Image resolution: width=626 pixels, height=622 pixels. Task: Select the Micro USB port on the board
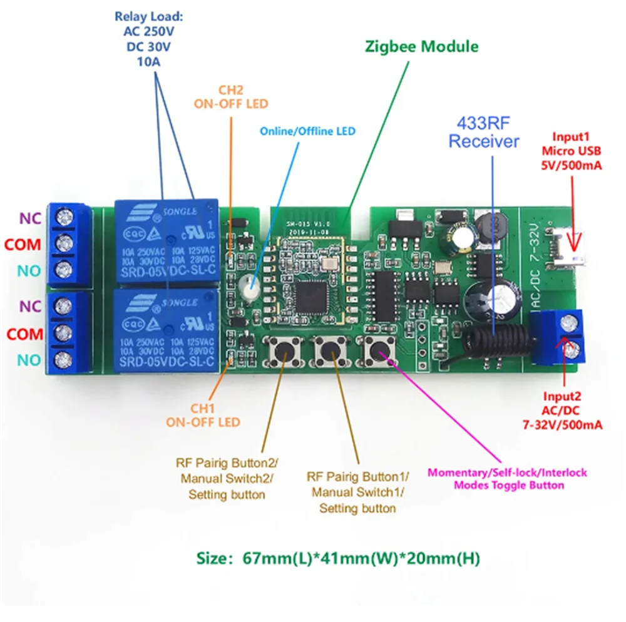click(567, 241)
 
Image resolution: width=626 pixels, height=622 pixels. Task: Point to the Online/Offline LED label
click(307, 131)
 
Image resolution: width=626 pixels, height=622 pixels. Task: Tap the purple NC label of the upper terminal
click(31, 218)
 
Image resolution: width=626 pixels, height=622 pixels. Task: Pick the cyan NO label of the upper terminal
click(31, 271)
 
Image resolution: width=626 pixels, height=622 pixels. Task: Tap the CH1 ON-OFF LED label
click(203, 415)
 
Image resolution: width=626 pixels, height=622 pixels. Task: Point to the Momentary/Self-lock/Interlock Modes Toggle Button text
click(507, 479)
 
